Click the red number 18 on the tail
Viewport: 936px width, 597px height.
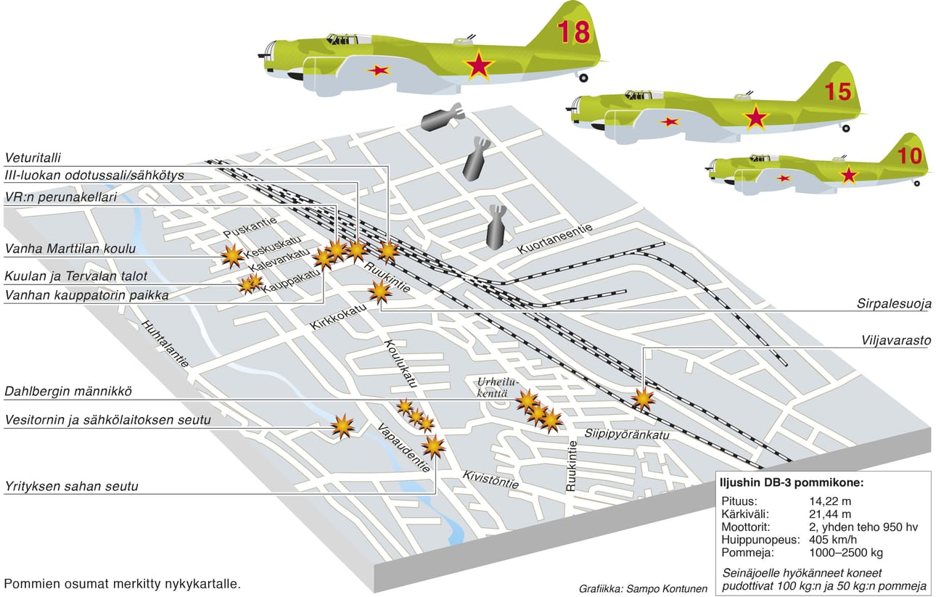[573, 32]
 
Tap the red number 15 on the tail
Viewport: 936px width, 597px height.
[838, 92]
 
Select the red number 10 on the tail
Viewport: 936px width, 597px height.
[909, 156]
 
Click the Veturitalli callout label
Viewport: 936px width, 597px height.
[33, 158]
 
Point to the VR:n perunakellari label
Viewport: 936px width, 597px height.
[61, 197]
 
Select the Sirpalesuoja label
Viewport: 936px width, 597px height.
[894, 303]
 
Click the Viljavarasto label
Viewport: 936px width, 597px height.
[896, 340]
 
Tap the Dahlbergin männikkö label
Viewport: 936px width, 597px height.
[68, 392]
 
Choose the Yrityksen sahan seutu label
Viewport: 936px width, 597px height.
[71, 487]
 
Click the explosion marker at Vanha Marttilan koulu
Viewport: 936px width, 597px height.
[232, 255]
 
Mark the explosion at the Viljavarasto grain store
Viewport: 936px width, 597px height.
[643, 398]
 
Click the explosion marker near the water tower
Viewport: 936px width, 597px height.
[342, 426]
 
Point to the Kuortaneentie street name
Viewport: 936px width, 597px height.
[554, 239]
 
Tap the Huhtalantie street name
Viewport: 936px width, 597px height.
[165, 344]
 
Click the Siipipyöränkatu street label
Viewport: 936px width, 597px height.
[627, 434]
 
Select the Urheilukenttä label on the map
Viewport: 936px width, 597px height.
[497, 387]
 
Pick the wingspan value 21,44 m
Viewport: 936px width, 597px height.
[830, 514]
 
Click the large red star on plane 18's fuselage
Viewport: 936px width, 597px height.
[478, 65]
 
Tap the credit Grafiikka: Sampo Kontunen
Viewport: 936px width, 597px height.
[643, 589]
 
